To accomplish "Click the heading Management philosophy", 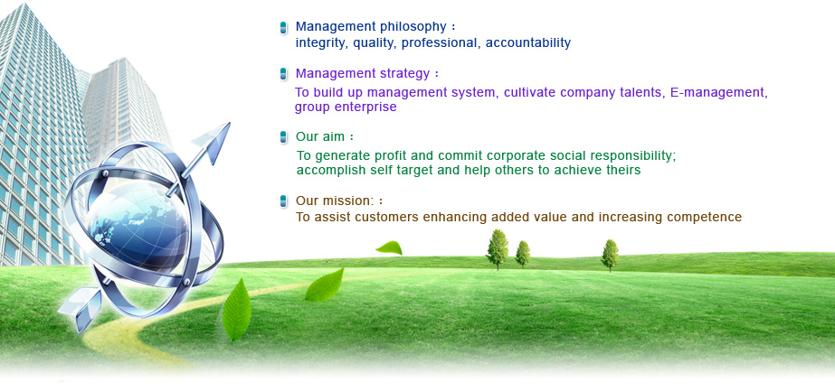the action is click(371, 26).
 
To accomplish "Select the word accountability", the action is click(527, 43).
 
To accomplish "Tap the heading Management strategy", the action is click(363, 73).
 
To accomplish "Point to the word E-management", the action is click(719, 92).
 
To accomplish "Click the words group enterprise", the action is click(346, 107).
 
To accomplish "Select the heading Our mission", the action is click(336, 201).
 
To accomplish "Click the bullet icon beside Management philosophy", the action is click(283, 28).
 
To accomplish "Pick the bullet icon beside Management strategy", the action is click(283, 74).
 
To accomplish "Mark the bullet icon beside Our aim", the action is click(283, 137).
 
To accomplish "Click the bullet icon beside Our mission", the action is click(283, 201).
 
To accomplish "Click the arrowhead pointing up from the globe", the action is click(213, 140).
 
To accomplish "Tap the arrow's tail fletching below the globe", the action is click(81, 308).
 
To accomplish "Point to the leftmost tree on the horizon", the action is click(498, 249).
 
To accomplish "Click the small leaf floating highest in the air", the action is click(389, 247).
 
